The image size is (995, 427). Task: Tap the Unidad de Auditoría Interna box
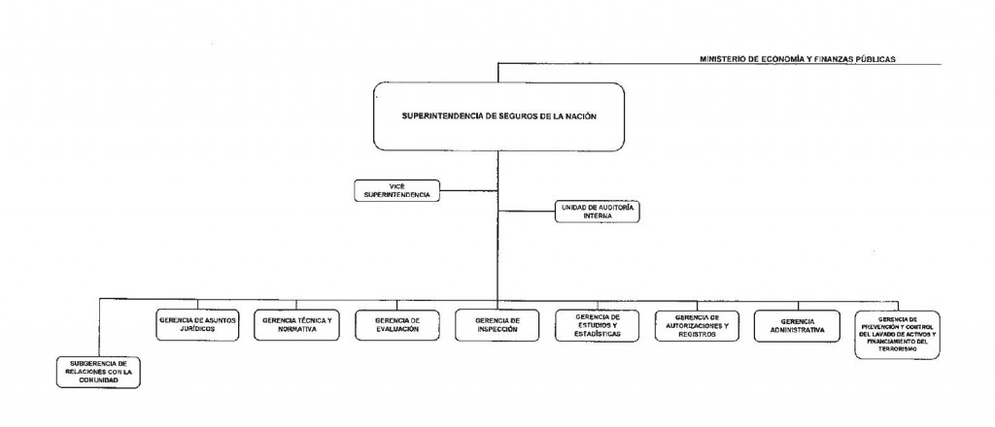point(599,213)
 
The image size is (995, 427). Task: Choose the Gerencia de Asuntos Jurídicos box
point(196,324)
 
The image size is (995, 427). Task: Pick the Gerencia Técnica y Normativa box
point(297,324)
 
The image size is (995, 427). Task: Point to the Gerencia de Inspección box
point(497,324)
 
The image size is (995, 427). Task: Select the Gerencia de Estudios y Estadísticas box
point(598,324)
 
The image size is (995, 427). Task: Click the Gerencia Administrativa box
point(797,324)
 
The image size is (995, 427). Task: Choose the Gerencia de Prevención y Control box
point(898,334)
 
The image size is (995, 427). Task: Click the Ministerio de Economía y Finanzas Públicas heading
point(797,59)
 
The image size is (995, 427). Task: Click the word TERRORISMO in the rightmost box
point(898,350)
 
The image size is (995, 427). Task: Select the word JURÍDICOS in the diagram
point(196,329)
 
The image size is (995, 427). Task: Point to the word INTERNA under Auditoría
point(599,218)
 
